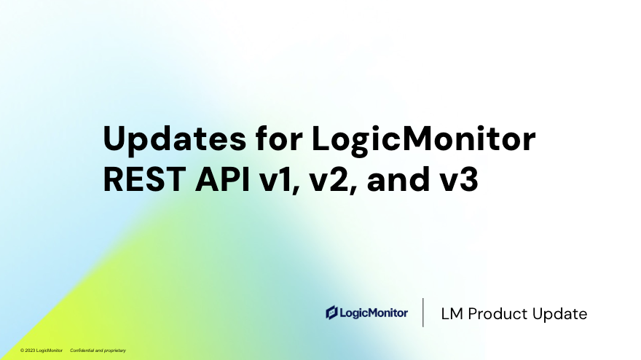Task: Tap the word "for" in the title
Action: coord(279,138)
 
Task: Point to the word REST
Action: coord(145,179)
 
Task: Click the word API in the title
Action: coord(222,179)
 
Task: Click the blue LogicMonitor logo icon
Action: coord(331,313)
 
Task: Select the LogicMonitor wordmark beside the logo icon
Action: coord(374,313)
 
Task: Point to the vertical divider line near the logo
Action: coord(423,313)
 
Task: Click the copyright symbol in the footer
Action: coord(22,351)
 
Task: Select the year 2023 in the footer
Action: coord(30,351)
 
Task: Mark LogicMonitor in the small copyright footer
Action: coord(50,351)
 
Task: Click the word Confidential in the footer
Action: coord(82,351)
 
